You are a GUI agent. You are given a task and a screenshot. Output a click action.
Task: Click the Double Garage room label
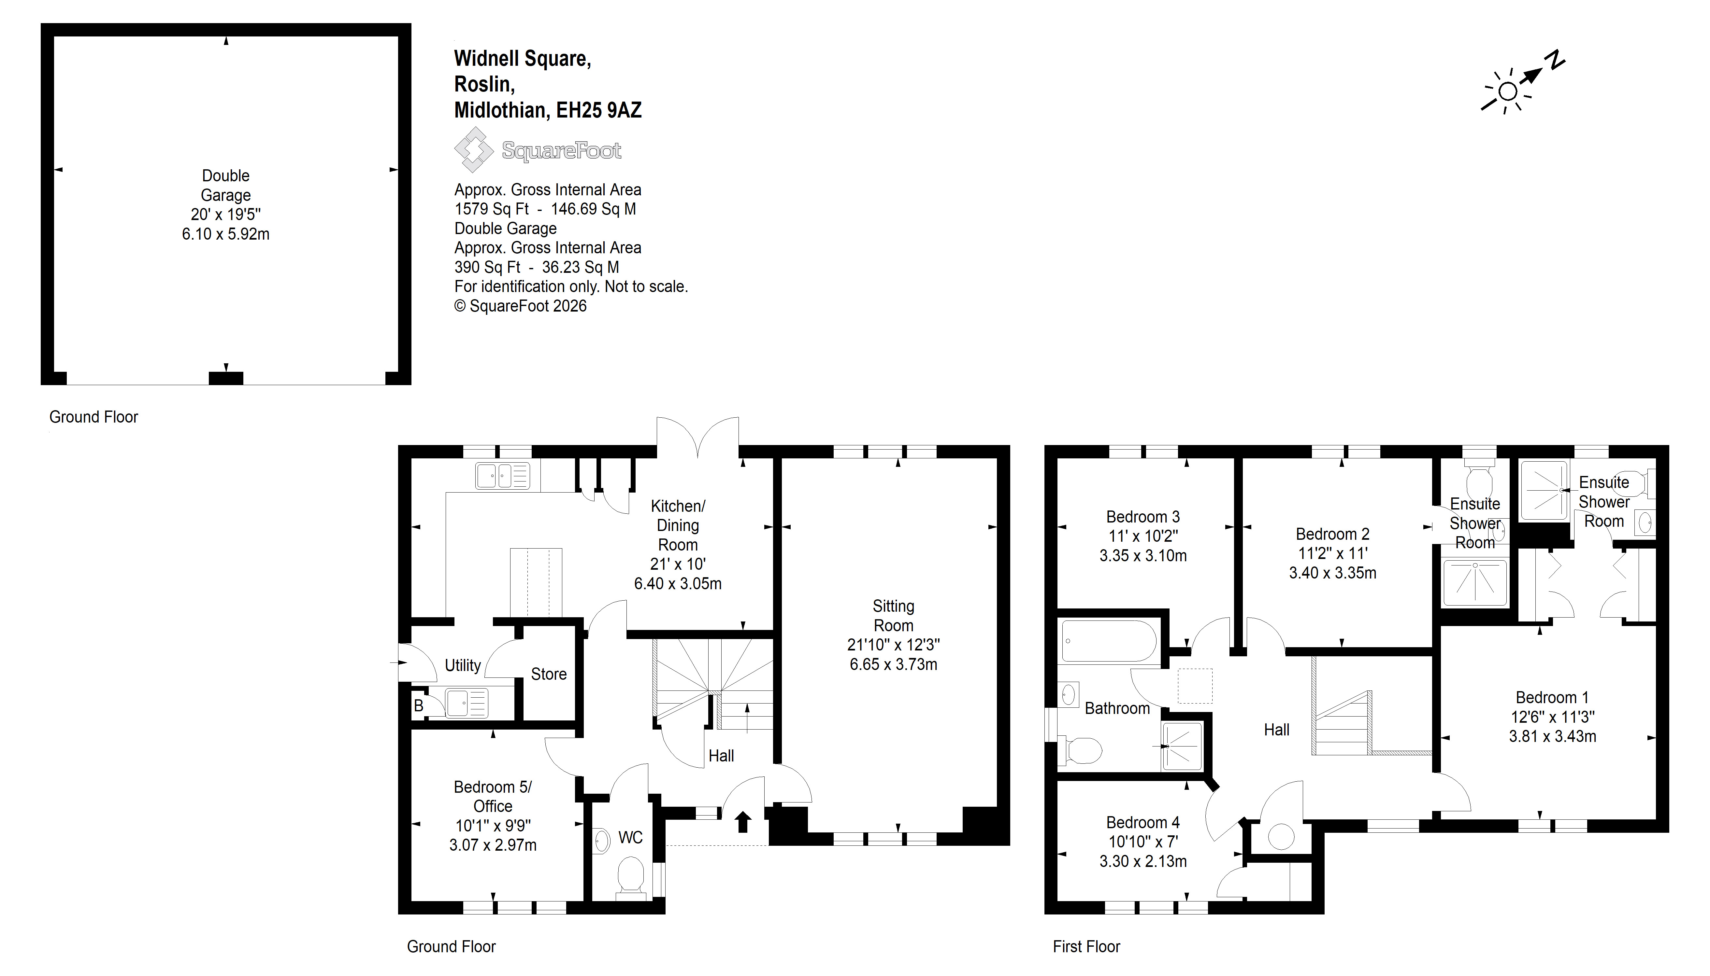click(226, 185)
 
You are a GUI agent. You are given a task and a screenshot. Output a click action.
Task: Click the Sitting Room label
click(893, 615)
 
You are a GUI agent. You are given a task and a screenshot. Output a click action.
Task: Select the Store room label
click(549, 674)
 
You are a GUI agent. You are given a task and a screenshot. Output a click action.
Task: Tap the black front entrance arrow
click(743, 821)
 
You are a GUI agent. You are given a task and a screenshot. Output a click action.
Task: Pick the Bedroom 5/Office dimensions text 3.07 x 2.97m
click(493, 844)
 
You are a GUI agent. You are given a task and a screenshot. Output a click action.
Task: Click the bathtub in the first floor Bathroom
click(1109, 641)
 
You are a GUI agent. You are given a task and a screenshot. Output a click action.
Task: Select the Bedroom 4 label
click(1143, 822)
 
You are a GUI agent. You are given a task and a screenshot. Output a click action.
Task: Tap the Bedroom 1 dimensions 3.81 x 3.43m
click(1552, 736)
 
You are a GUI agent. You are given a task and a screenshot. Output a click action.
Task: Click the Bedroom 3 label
click(1143, 516)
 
